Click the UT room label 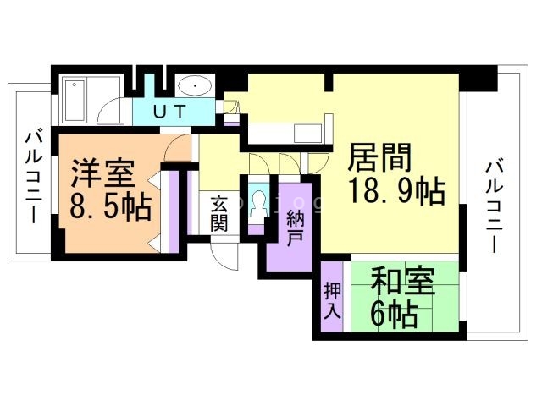pyautogui.click(x=169, y=112)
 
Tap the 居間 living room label pyautogui.click(x=380, y=157)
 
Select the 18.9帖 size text pyautogui.click(x=396, y=191)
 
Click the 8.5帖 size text pyautogui.click(x=111, y=207)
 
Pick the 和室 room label pyautogui.click(x=403, y=282)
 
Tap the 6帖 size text pyautogui.click(x=393, y=314)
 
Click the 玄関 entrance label pyautogui.click(x=219, y=213)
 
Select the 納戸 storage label pyautogui.click(x=295, y=228)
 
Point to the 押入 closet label pyautogui.click(x=333, y=301)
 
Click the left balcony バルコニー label pyautogui.click(x=34, y=176)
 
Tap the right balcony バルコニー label pyautogui.click(x=495, y=206)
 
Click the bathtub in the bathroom pyautogui.click(x=75, y=101)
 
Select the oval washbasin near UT pyautogui.click(x=195, y=85)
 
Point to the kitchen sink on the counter pyautogui.click(x=307, y=134)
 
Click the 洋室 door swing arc pyautogui.click(x=177, y=147)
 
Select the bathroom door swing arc pyautogui.click(x=109, y=111)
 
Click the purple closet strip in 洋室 pyautogui.click(x=173, y=211)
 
